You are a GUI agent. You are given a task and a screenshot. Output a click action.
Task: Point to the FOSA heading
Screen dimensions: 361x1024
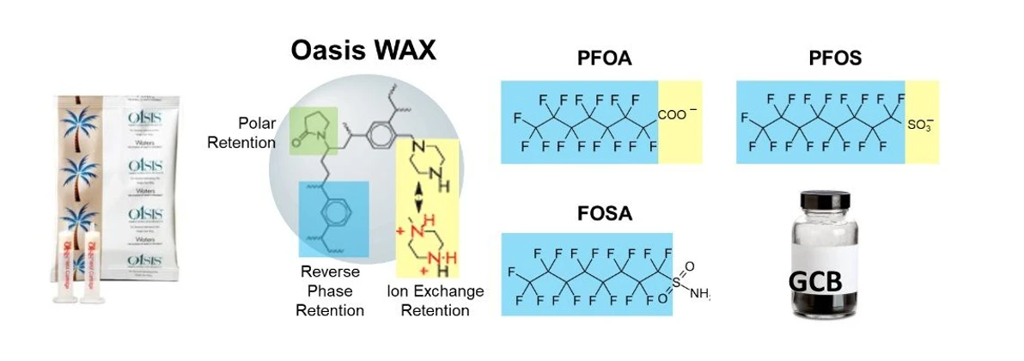click(x=606, y=213)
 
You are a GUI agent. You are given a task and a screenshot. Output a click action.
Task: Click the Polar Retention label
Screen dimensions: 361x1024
click(x=241, y=132)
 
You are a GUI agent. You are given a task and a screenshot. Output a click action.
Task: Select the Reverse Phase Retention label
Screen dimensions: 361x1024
click(x=330, y=290)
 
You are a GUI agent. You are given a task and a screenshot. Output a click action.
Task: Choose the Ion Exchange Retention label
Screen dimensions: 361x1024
click(x=435, y=300)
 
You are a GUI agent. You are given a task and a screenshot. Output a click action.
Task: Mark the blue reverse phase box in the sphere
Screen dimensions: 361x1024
click(x=333, y=218)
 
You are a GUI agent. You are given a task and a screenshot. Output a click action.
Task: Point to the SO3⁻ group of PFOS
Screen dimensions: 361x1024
click(x=919, y=125)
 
